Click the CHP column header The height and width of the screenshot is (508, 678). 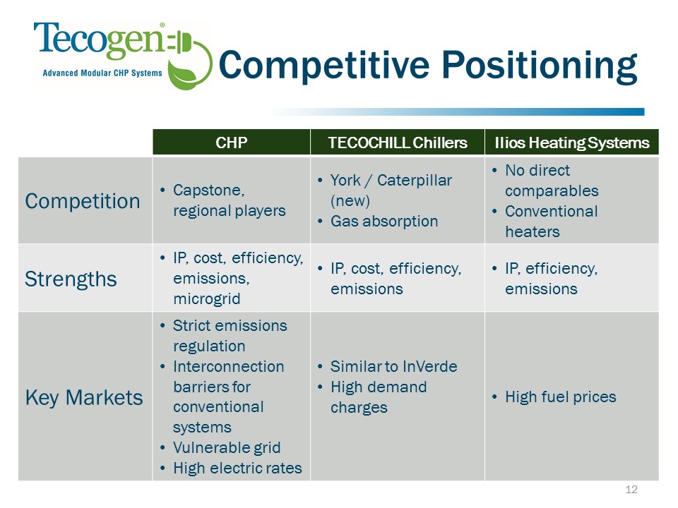pyautogui.click(x=232, y=142)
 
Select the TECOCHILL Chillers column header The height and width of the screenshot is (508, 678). pyautogui.click(x=398, y=142)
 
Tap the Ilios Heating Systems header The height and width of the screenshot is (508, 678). pyautogui.click(x=571, y=142)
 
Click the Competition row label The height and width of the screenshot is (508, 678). pyautogui.click(x=82, y=201)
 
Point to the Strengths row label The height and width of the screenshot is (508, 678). pyautogui.click(x=71, y=279)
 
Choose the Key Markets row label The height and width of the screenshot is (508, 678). pyautogui.click(x=84, y=397)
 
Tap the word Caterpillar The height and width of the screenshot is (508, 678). pyautogui.click(x=415, y=180)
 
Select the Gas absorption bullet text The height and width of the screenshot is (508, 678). pyautogui.click(x=384, y=221)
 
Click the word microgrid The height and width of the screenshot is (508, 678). pyautogui.click(x=207, y=299)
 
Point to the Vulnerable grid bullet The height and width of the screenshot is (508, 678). pyautogui.click(x=227, y=447)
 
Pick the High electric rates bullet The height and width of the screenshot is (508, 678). pyautogui.click(x=237, y=468)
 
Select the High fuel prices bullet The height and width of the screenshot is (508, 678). pyautogui.click(x=560, y=397)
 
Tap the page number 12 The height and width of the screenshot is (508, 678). pyautogui.click(x=631, y=489)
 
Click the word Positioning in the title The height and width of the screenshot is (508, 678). pyautogui.click(x=539, y=65)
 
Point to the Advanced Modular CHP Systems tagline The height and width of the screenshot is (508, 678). pyautogui.click(x=102, y=73)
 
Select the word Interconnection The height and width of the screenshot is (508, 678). pyautogui.click(x=228, y=366)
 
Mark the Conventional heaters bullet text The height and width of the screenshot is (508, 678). pyautogui.click(x=552, y=221)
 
